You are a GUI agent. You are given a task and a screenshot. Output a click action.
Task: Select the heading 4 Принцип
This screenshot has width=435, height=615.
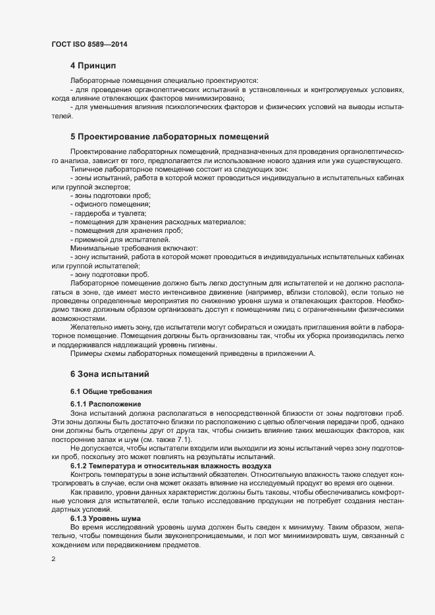pyautogui.click(x=92, y=66)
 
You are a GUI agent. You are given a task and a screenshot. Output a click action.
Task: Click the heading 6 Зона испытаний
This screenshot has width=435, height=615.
pyautogui.click(x=111, y=374)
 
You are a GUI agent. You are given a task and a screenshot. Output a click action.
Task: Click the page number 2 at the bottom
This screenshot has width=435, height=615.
pyautogui.click(x=53, y=559)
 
